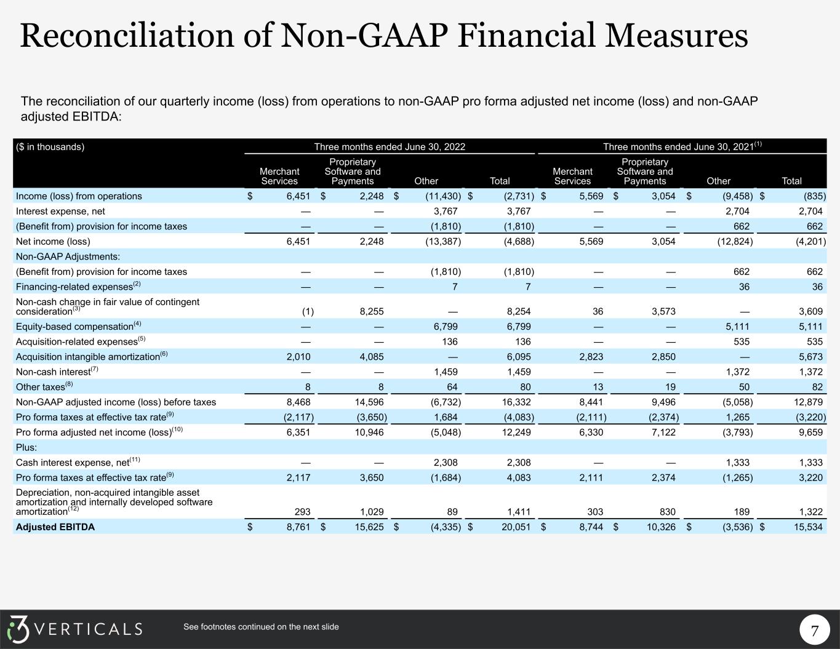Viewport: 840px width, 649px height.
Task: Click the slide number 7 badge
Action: tap(815, 631)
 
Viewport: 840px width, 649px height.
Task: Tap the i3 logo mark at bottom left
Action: tap(18, 629)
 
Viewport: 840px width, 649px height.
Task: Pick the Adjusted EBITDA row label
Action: tap(55, 527)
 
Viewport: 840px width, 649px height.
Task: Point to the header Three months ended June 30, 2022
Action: tap(390, 147)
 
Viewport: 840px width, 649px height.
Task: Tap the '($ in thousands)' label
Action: tap(50, 147)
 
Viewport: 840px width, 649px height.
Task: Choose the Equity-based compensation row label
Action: tap(74, 327)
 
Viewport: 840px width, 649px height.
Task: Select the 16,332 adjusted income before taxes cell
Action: tap(516, 402)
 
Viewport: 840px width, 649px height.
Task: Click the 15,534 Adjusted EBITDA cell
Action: tap(807, 527)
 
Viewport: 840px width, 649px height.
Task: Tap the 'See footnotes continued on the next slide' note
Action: tap(261, 627)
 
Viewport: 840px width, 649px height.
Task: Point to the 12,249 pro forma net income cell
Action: tap(516, 432)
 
